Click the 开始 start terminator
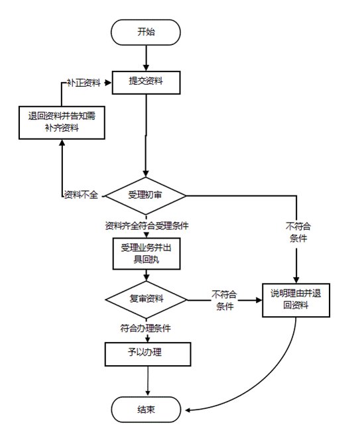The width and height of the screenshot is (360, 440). click(x=146, y=32)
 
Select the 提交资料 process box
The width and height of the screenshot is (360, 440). click(x=146, y=82)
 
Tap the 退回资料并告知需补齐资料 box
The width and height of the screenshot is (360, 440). click(x=62, y=123)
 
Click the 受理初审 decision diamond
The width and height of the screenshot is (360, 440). click(x=145, y=195)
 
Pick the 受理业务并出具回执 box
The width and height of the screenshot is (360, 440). click(x=147, y=254)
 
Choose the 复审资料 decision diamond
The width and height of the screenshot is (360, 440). click(x=146, y=300)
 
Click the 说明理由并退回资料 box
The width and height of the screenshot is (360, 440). click(x=296, y=300)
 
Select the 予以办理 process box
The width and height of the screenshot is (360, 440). click(x=148, y=354)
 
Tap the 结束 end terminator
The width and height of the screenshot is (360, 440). click(x=146, y=410)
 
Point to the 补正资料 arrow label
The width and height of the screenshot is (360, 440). click(x=84, y=83)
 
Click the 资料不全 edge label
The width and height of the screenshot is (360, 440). click(x=81, y=194)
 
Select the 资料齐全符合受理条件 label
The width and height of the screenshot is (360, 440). click(x=147, y=225)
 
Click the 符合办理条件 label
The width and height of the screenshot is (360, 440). click(x=145, y=328)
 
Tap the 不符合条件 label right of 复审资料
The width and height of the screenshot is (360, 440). click(x=224, y=300)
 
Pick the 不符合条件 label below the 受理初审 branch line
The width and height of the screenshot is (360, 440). click(x=298, y=232)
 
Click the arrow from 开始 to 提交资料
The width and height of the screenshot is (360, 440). click(x=146, y=58)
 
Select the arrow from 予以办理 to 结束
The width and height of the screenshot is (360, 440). click(x=148, y=381)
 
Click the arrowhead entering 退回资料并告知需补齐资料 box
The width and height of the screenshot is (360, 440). click(x=62, y=142)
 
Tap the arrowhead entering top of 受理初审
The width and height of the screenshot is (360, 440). click(x=145, y=174)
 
